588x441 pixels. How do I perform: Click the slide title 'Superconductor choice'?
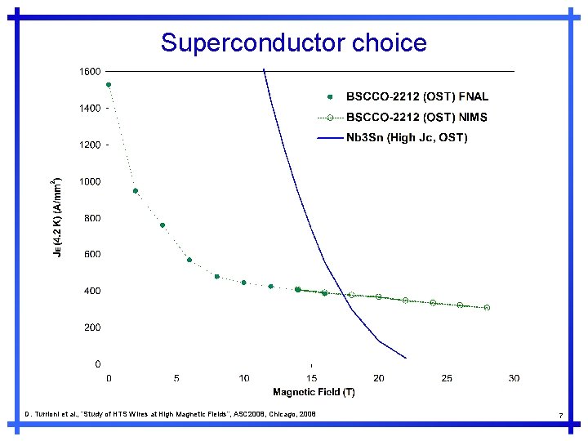[294, 42]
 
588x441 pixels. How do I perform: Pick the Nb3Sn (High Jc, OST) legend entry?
[407, 138]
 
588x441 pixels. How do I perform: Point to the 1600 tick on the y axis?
[90, 72]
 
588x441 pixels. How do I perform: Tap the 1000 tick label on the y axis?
[90, 181]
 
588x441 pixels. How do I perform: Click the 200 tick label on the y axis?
[92, 327]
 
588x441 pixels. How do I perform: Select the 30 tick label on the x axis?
[514, 378]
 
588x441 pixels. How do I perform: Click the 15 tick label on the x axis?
[311, 378]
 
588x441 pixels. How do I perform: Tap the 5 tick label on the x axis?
[176, 378]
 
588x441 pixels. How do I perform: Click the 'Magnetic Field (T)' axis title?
[314, 393]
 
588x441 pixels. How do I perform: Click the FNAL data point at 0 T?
[109, 85]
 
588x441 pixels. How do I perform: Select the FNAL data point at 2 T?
[136, 191]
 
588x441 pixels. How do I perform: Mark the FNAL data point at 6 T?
[189, 260]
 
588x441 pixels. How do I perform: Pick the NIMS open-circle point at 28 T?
[487, 308]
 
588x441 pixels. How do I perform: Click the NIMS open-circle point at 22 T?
[406, 301]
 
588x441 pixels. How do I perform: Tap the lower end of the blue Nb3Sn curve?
[405, 358]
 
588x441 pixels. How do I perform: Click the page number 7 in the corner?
[560, 416]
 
